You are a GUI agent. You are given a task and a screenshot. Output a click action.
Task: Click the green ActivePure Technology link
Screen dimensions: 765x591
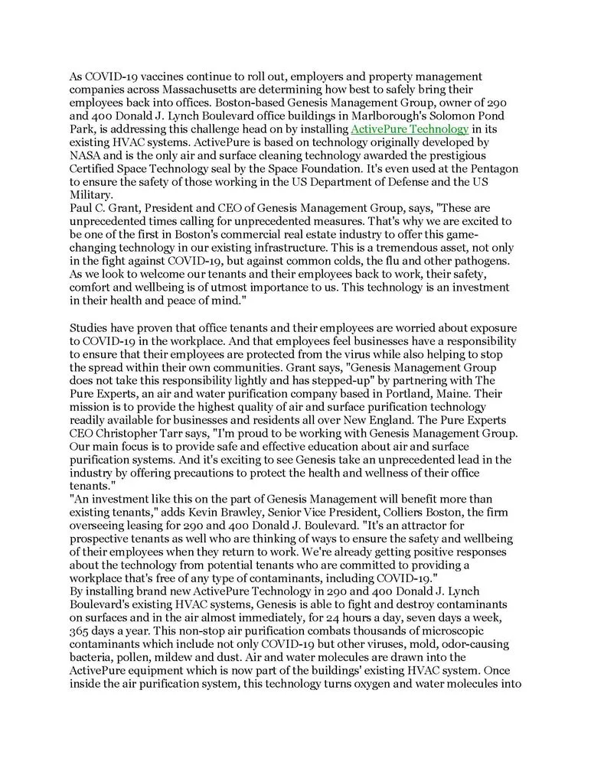pyautogui.click(x=409, y=129)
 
